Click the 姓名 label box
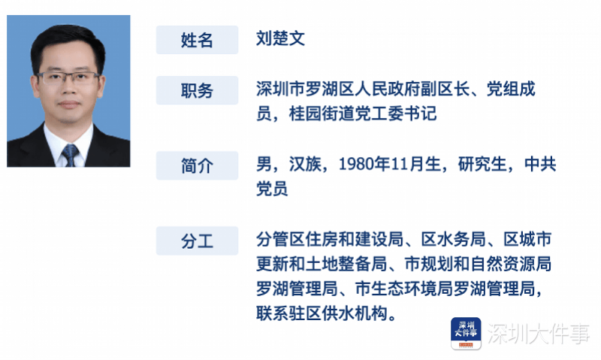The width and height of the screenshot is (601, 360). point(197,40)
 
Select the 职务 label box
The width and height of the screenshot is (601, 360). point(197,90)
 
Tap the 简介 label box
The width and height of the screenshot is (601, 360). point(197,165)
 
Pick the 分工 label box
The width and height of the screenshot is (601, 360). point(197,241)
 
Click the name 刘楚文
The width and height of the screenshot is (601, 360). point(280,39)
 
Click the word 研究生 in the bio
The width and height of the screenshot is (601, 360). point(482,165)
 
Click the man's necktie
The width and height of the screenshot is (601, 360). point(70,154)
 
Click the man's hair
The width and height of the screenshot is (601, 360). point(68,39)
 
